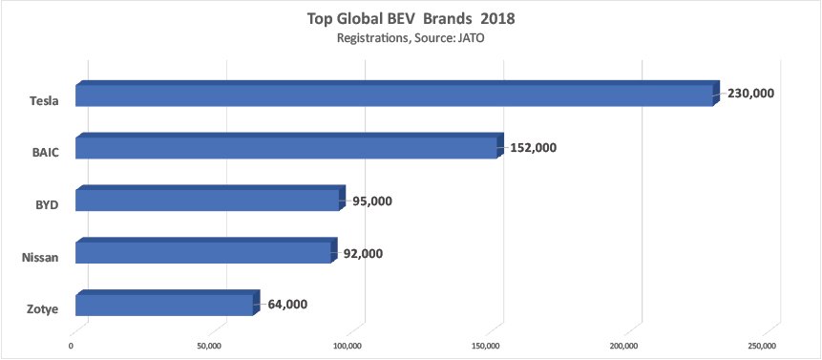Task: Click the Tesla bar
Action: coord(393,95)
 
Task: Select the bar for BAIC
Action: coord(285,148)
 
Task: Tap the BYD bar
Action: coord(207,201)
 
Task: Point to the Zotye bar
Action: coord(164,305)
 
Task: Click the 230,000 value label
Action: coord(750,94)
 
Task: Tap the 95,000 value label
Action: coord(372,201)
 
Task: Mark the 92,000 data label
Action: coord(366,253)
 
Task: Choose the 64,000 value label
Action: coord(287,305)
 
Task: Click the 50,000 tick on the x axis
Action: coord(210,346)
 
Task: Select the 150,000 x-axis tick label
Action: coord(487,346)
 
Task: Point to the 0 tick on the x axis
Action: coord(72,346)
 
